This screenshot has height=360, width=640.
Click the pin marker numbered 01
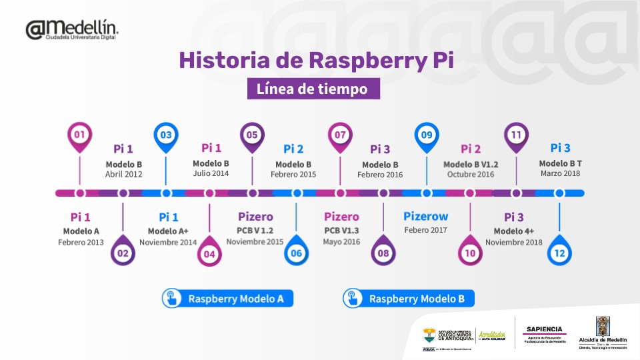(79, 135)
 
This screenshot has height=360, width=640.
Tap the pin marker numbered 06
(297, 253)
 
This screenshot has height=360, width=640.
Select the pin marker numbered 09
(427, 135)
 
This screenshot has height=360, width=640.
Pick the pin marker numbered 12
(559, 253)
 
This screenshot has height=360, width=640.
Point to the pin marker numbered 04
(209, 253)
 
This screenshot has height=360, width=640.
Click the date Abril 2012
(123, 175)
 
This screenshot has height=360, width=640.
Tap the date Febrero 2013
(81, 242)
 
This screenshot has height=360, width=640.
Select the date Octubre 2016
(471, 175)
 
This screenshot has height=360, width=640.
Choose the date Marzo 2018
(561, 173)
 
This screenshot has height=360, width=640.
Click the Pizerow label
(425, 217)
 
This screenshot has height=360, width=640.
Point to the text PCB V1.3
(341, 231)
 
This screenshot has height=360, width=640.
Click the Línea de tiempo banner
(313, 89)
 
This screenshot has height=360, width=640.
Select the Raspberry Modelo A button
(227, 299)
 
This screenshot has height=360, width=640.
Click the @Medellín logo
(72, 29)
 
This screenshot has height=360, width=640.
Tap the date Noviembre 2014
(168, 243)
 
